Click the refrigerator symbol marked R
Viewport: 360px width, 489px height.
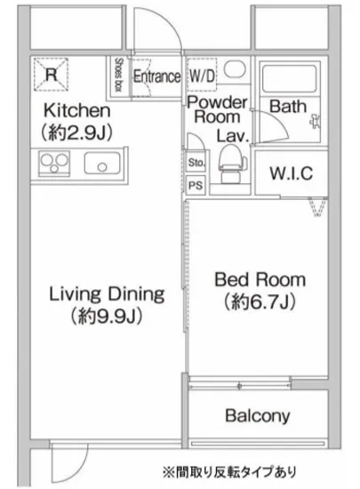pos(51,75)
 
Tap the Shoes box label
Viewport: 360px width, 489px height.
pos(118,75)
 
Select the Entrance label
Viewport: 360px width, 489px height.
pos(156,76)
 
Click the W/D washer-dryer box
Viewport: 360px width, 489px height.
pos(202,75)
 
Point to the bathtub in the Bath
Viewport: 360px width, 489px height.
pos(290,78)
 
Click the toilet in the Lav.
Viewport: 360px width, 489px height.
pos(229,164)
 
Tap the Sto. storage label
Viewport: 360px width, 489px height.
pos(196,163)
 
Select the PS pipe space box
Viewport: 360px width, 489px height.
pos(196,186)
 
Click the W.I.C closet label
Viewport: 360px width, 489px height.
pos(292,173)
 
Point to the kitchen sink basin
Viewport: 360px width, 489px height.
pos(102,163)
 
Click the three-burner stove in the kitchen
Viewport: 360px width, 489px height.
pos(54,163)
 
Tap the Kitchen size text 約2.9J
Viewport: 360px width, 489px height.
pos(76,133)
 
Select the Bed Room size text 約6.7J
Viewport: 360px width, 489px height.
pos(260,302)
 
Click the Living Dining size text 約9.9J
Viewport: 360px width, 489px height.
pos(107,317)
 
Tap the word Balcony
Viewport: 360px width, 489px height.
pos(258,416)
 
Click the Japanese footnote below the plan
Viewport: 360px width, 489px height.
pos(228,471)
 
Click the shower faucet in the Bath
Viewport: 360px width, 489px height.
pos(316,120)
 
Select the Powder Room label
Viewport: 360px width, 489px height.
pos(217,109)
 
